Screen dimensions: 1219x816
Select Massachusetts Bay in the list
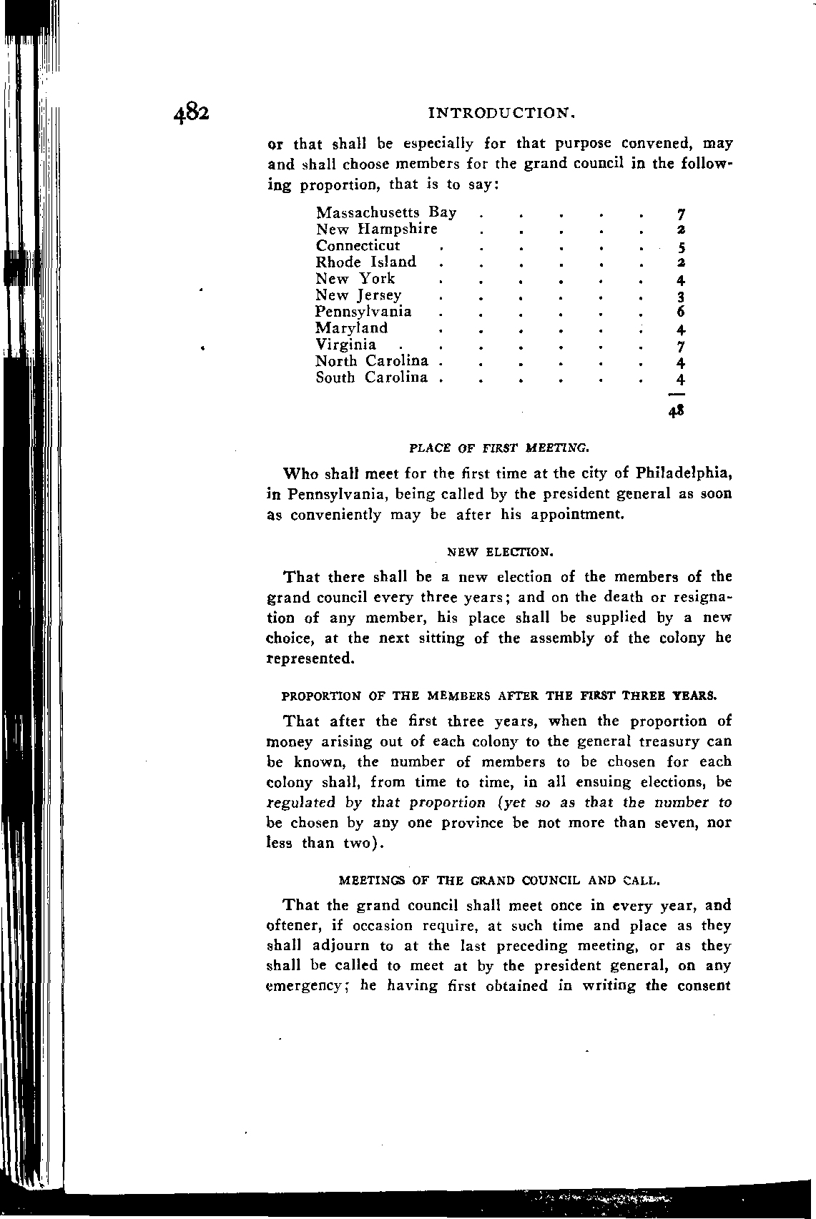(x=386, y=213)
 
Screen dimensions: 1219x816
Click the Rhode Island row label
(x=365, y=262)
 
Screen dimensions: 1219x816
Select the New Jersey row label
(x=358, y=295)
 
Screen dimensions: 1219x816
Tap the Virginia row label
(x=345, y=345)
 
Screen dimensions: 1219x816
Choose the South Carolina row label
(x=372, y=377)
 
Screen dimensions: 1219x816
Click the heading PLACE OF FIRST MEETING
(x=499, y=448)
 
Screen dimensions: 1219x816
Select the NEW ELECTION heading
(x=499, y=553)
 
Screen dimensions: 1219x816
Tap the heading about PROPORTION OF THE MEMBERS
(x=499, y=696)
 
